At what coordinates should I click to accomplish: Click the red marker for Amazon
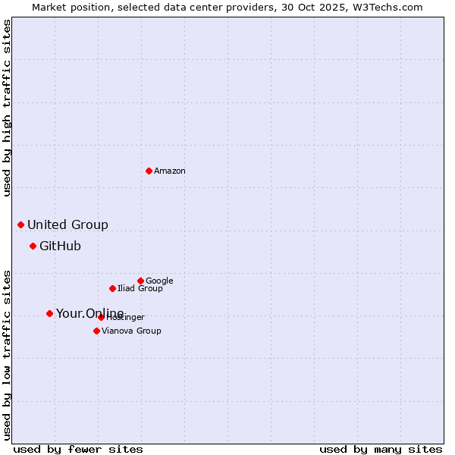(149, 171)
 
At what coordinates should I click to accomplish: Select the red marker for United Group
(20, 224)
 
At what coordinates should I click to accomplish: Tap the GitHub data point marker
(33, 246)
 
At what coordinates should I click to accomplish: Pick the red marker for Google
(140, 281)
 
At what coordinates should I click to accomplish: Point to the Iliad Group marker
(112, 288)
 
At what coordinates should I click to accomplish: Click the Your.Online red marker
(49, 313)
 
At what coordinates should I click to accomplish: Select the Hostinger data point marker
(101, 317)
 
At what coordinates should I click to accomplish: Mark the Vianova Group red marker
(96, 331)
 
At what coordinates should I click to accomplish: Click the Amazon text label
(170, 171)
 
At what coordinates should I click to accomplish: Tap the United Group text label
(67, 225)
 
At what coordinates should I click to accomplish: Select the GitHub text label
(60, 246)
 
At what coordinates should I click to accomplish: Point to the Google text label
(159, 281)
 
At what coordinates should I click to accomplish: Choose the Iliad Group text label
(140, 289)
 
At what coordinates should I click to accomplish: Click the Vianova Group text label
(131, 331)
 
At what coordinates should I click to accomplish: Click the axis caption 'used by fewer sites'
(78, 449)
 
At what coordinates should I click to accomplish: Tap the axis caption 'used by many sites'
(381, 449)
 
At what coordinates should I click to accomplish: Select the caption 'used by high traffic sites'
(8, 108)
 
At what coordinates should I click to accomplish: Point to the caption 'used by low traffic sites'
(8, 355)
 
